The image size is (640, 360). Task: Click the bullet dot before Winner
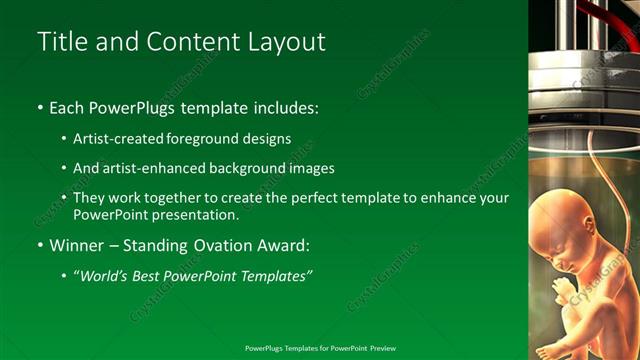click(x=39, y=245)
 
